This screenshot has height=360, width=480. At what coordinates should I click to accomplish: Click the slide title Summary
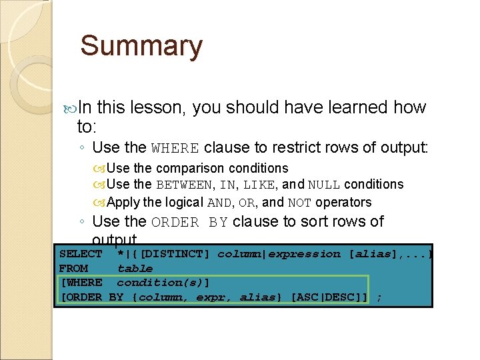pyautogui.click(x=141, y=47)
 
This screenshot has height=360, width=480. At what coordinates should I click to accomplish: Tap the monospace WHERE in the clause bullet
pyautogui.click(x=175, y=148)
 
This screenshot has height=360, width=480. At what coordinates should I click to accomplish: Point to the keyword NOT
pyautogui.click(x=300, y=202)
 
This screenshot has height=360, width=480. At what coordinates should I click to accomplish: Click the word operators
pyautogui.click(x=344, y=202)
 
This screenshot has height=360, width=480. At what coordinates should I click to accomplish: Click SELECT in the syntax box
pyautogui.click(x=81, y=254)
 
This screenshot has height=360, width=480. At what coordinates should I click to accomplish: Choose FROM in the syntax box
pyautogui.click(x=73, y=268)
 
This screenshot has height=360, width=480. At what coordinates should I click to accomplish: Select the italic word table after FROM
pyautogui.click(x=135, y=268)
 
